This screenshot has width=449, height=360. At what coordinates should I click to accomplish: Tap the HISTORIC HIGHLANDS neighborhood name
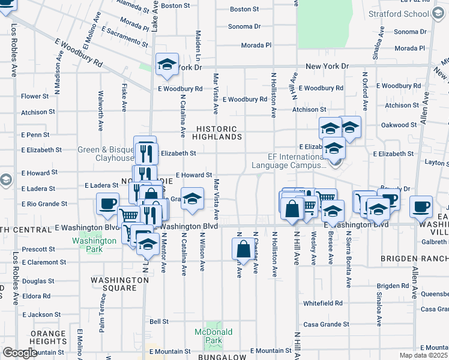click(x=219, y=133)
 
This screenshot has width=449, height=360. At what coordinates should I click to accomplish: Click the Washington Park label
click(x=94, y=245)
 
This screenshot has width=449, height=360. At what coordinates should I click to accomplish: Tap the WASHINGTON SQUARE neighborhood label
click(x=122, y=284)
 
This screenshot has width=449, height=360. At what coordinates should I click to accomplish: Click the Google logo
click(x=20, y=353)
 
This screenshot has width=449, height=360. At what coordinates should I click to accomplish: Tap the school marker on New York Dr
click(x=167, y=65)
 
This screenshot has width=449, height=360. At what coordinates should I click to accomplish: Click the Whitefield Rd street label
click(x=322, y=304)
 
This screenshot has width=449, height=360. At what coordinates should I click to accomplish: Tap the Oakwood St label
click(x=399, y=125)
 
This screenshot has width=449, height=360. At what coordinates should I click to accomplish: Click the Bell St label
click(x=158, y=322)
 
